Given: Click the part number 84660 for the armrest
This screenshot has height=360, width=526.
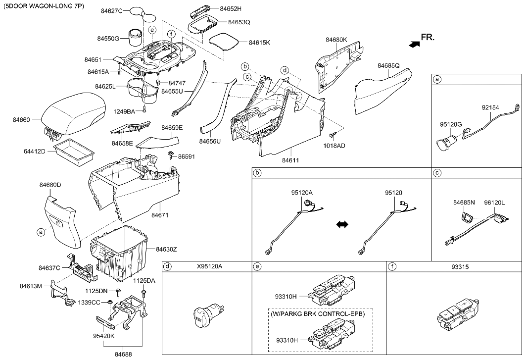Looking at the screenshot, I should (x=22, y=119).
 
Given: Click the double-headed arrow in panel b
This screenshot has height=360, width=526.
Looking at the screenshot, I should (x=342, y=224).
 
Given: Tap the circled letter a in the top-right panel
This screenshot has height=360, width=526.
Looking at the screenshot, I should (x=436, y=79).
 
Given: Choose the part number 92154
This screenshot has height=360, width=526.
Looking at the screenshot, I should (x=491, y=106).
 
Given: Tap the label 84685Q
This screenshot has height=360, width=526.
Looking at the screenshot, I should (x=388, y=65).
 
